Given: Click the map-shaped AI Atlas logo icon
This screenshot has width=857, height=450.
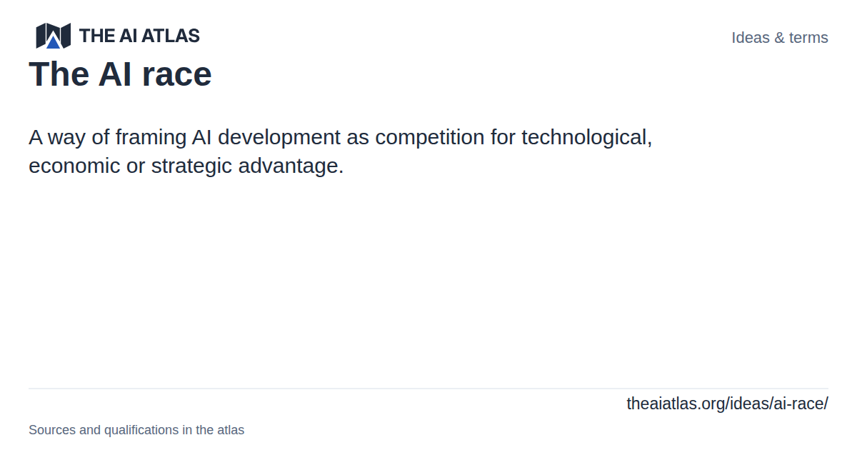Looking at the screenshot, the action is tap(53, 36).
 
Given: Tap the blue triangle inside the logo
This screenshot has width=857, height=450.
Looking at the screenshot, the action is tap(53, 41).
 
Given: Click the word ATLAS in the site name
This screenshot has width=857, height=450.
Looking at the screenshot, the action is tap(171, 36).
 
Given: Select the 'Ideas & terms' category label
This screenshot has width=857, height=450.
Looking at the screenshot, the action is tap(780, 38).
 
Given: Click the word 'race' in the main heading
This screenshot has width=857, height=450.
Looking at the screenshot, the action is tap(177, 74).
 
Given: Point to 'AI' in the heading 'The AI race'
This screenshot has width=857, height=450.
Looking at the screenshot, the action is tap(115, 74).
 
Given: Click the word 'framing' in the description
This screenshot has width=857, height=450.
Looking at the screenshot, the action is tap(151, 138).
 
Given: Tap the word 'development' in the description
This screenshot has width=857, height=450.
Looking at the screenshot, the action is tap(279, 138).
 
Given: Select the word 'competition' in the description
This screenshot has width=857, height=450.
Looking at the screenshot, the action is tap(430, 138).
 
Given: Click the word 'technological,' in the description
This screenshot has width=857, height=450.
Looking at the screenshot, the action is tap(587, 138).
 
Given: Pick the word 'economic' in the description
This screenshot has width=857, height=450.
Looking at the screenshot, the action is tap(74, 166).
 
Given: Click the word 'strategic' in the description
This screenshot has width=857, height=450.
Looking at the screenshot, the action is tap(191, 166).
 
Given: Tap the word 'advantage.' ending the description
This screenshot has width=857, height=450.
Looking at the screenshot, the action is tap(291, 166).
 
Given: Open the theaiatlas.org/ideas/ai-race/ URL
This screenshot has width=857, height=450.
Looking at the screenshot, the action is tap(727, 404).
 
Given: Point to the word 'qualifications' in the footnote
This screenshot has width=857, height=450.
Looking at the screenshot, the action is tap(141, 430).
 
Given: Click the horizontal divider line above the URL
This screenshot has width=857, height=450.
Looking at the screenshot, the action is tap(428, 389).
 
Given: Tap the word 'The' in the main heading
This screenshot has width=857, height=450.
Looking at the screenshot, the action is tap(59, 74).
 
